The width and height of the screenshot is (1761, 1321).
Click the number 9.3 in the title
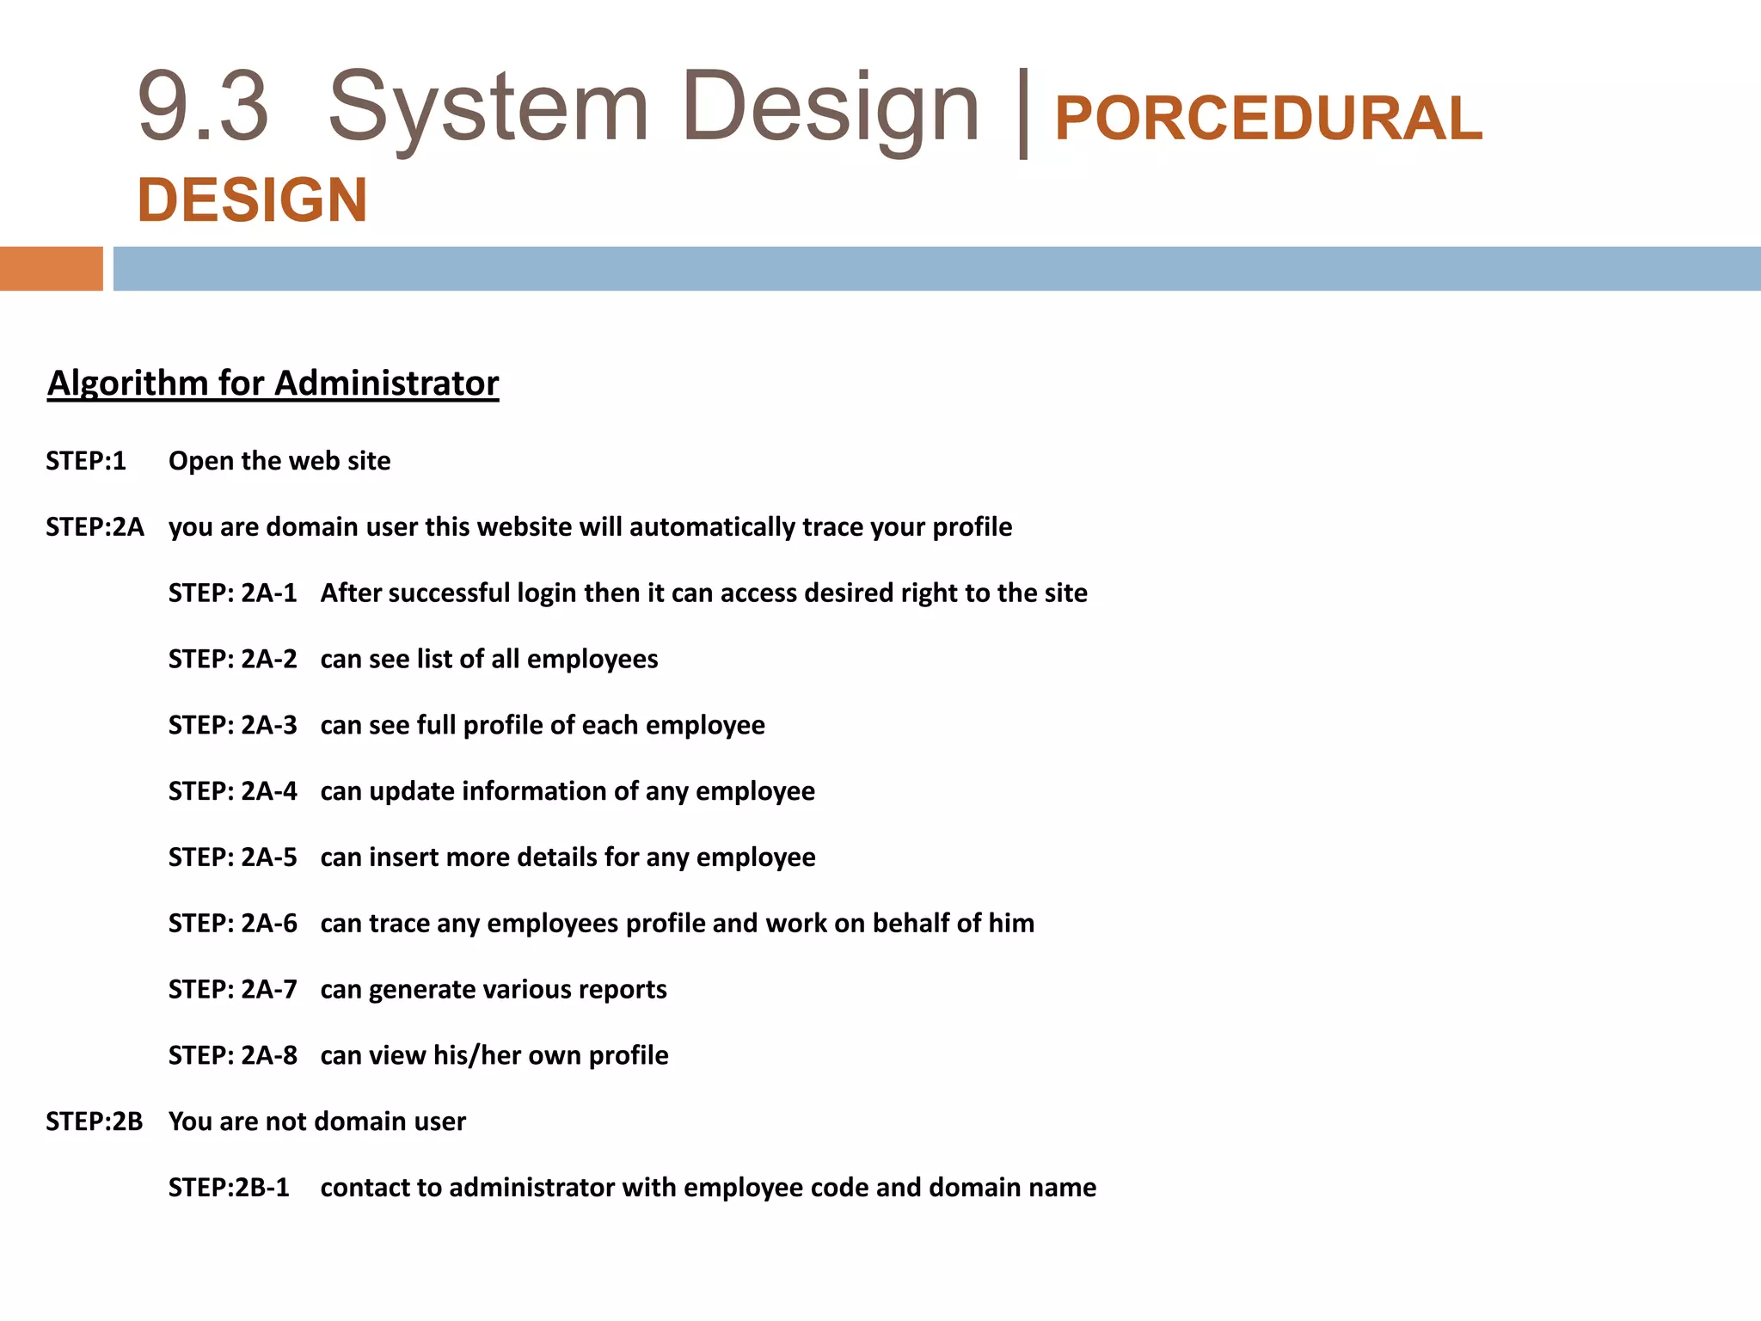[x=203, y=108]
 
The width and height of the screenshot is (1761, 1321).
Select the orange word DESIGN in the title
[x=252, y=200]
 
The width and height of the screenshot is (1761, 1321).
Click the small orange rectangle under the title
[x=51, y=268]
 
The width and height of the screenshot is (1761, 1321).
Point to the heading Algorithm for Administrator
[x=273, y=384]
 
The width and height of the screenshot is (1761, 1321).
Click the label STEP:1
[x=86, y=461]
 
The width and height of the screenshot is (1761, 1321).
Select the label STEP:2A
[x=95, y=527]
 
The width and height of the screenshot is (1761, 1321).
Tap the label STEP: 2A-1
[x=232, y=593]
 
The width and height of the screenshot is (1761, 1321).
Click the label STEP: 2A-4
[x=232, y=791]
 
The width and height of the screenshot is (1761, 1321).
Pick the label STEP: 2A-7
[x=232, y=990]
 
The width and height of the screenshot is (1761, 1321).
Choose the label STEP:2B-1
[x=229, y=1188]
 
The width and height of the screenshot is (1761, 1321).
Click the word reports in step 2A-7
[x=623, y=990]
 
